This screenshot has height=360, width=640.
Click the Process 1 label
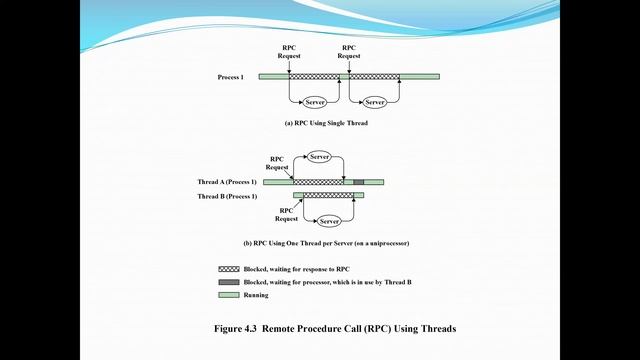[230, 77]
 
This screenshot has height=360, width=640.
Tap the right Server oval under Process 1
[375, 103]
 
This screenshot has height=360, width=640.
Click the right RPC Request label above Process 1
[349, 52]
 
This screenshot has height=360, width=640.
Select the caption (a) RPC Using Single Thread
[326, 123]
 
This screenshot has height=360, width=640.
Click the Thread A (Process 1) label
[226, 182]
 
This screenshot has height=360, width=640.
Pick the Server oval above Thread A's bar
[320, 157]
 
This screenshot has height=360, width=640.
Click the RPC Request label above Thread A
[277, 162]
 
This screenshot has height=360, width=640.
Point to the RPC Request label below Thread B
[287, 214]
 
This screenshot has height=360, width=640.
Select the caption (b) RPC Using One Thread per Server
[328, 244]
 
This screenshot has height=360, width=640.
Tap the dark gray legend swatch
[228, 283]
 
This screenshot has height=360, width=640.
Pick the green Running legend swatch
[228, 295]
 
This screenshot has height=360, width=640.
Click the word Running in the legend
[256, 295]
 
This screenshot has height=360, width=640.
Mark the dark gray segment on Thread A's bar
[360, 182]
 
